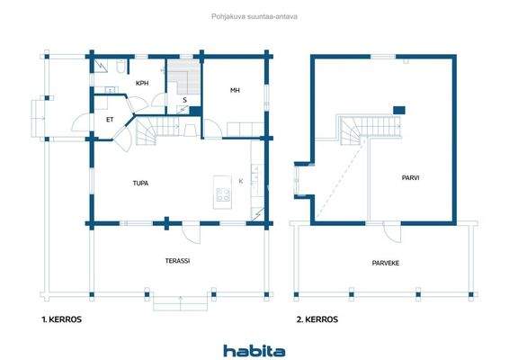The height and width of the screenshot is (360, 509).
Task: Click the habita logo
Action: (254, 349)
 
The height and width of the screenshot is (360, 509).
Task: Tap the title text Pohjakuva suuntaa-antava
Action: (254, 15)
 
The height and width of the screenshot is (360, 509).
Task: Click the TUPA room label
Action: (140, 183)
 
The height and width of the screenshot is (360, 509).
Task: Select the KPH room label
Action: (141, 84)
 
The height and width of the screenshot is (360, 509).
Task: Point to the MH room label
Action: (235, 90)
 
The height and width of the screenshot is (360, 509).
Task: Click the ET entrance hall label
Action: (110, 118)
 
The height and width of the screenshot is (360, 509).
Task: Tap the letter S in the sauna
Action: (183, 100)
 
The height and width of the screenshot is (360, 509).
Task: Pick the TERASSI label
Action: (176, 261)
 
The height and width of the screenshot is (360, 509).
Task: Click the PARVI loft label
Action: (411, 177)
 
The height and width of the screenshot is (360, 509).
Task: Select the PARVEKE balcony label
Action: (387, 264)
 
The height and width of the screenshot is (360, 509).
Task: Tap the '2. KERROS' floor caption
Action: (319, 319)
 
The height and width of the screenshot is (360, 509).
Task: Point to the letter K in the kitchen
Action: (241, 181)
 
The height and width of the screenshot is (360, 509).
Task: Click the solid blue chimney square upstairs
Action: (401, 111)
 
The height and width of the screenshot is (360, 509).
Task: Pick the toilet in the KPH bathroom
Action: (119, 66)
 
